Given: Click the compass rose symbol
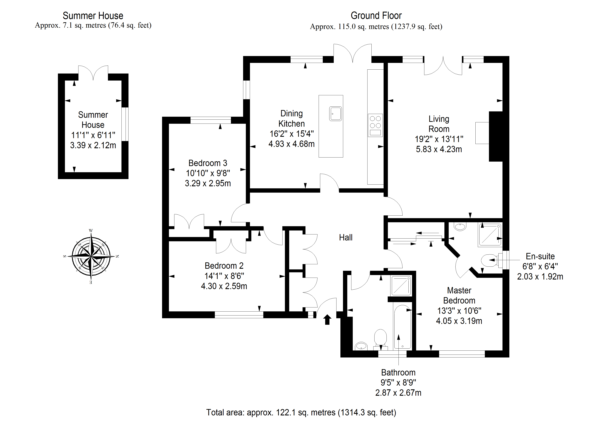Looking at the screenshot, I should pos(91,256).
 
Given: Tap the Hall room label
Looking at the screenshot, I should pos(346,238).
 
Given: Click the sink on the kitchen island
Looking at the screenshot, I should pos(335,114).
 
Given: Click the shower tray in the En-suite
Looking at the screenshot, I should pos(490,234).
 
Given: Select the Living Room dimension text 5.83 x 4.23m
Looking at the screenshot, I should pos(439,149).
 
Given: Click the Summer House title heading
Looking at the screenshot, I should pos(93,16).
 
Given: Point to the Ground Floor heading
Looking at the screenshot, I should pos(376,16).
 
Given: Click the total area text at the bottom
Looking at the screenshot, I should pos(301,412).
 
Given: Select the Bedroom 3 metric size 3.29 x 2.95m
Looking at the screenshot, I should pos(208,183).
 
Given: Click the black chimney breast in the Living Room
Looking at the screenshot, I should pos(495,136).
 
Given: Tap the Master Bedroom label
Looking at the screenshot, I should pos(459,295).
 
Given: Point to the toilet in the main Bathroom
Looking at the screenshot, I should pos(380,338).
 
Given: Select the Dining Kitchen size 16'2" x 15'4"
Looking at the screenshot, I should pos(291,134).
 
